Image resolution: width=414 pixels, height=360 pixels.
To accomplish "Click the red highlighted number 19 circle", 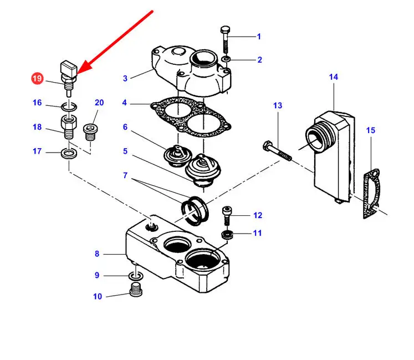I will pyautogui.click(x=37, y=79).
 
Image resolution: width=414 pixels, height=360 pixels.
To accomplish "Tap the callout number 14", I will pyautogui.click(x=333, y=77).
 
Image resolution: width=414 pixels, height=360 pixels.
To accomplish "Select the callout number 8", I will pyautogui.click(x=97, y=254).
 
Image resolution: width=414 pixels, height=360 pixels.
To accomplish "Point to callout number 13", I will pyautogui.click(x=278, y=105).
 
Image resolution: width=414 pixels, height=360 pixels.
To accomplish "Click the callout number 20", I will pyautogui.click(x=99, y=103).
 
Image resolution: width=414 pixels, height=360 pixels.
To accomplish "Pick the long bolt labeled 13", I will pyautogui.click(x=278, y=151).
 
